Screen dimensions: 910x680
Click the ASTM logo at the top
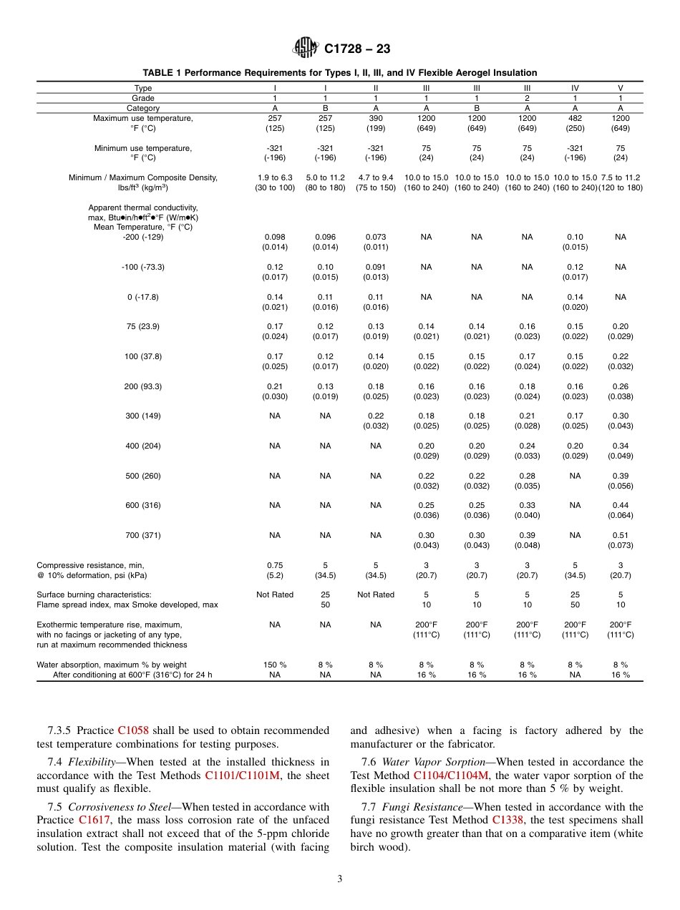click(306, 49)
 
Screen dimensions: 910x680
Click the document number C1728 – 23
click(357, 49)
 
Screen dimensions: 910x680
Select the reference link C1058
click(132, 730)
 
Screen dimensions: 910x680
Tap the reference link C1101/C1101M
click(243, 775)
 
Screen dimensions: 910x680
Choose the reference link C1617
click(94, 820)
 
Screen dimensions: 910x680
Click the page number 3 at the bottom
click(340, 879)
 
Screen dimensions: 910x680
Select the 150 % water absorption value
click(275, 665)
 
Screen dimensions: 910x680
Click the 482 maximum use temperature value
click(575, 118)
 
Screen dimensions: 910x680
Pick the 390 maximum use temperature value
click(376, 118)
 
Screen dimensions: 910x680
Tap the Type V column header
click(620, 88)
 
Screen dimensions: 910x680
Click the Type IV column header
click(575, 88)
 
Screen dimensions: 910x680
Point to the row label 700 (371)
click(143, 535)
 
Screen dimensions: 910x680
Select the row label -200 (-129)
click(143, 237)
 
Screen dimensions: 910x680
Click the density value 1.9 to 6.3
click(275, 177)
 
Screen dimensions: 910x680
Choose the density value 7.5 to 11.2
click(621, 177)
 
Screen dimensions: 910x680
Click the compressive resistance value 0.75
click(275, 564)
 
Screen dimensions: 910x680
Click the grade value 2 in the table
click(527, 98)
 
